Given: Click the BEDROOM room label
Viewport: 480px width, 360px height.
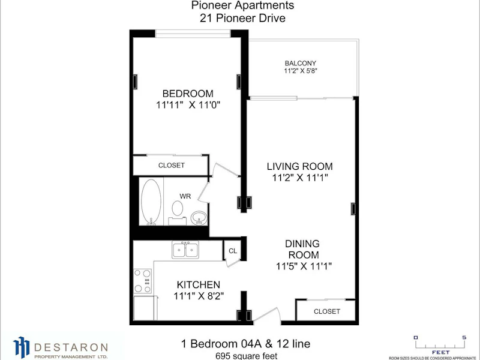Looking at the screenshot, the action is (x=188, y=94).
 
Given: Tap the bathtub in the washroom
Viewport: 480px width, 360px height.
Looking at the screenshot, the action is (x=151, y=202).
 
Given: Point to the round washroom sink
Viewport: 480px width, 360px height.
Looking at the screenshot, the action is (x=199, y=218).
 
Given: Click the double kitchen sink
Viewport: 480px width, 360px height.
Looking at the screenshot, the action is (x=185, y=250).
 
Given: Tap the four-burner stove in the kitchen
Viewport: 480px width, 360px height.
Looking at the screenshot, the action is (x=143, y=281).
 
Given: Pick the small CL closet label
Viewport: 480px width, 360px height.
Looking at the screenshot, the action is (x=233, y=251).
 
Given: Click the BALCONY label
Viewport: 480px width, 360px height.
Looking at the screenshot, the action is (x=301, y=64).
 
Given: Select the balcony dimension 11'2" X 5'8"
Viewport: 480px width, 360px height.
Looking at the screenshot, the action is (x=301, y=71).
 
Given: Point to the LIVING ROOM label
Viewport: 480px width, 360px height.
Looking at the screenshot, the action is (x=299, y=166).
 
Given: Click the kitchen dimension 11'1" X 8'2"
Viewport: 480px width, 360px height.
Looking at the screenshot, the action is (x=199, y=296).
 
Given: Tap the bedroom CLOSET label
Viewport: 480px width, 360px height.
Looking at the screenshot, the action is (x=172, y=166).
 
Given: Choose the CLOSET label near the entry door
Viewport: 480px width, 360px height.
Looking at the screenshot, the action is (x=327, y=311).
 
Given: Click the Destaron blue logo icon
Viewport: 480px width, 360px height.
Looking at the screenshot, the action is (x=22, y=347).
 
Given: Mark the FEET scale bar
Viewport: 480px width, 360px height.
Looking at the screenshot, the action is (x=440, y=344).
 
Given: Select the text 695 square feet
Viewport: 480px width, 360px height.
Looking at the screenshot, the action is (x=247, y=356).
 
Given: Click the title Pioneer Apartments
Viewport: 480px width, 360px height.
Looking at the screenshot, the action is (x=243, y=5).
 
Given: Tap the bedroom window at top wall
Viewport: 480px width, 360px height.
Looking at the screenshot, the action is (x=193, y=34).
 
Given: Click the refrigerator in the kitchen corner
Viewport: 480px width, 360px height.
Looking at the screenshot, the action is (x=146, y=308).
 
